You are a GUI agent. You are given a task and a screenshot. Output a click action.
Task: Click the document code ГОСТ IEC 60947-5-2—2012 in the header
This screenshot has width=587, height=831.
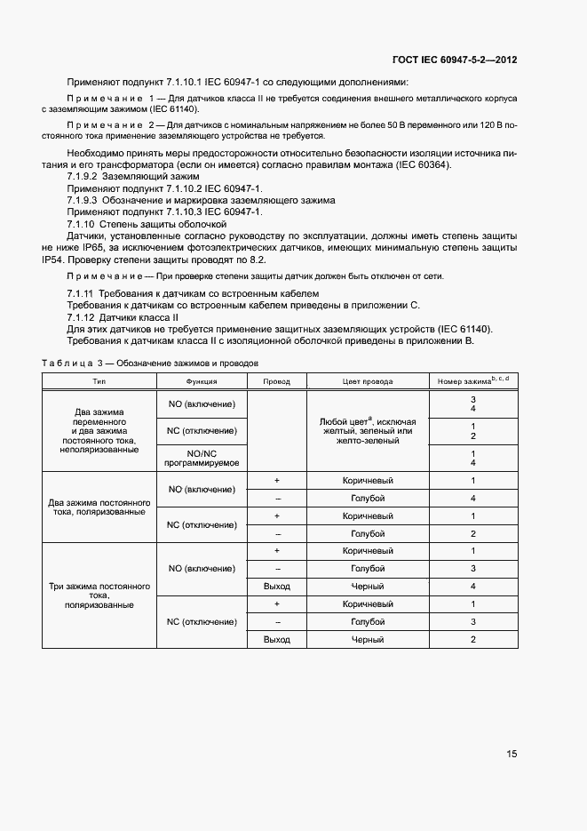(454, 60)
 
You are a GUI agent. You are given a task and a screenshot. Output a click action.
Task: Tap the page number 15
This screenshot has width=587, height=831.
(512, 754)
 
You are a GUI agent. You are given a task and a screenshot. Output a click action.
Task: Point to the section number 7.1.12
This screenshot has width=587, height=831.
(83, 316)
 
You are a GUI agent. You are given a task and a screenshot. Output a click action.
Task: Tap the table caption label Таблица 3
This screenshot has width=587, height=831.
(74, 364)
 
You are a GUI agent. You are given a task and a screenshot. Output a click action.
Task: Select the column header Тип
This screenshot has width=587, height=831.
(99, 380)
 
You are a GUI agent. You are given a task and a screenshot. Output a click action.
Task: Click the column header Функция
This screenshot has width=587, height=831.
(202, 380)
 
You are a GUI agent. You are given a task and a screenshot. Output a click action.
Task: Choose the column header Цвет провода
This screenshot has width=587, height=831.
(368, 380)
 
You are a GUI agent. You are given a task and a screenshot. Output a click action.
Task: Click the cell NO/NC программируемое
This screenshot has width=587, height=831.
(202, 457)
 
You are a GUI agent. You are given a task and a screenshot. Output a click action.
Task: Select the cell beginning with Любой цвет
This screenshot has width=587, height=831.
(368, 430)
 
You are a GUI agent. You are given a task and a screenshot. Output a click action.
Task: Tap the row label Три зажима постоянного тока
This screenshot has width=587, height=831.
(99, 595)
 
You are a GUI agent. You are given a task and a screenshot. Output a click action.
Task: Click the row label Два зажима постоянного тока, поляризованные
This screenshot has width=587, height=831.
(99, 507)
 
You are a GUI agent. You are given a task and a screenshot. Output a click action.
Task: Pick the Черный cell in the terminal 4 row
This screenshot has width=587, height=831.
(368, 587)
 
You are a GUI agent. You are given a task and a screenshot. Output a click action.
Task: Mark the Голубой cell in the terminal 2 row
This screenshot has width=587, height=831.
(368, 533)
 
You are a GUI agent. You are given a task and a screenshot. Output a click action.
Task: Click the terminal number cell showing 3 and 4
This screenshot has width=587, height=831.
(473, 404)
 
